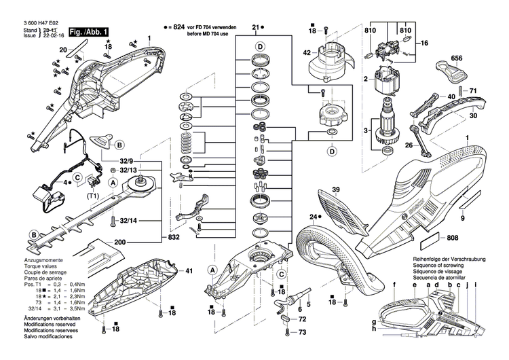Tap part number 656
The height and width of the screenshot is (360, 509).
(x=457, y=59)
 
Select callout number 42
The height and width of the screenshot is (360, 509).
(x=307, y=53)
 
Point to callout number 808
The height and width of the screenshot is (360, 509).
(x=453, y=238)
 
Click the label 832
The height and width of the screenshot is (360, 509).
(x=173, y=238)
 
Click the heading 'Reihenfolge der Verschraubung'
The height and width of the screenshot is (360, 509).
(x=447, y=261)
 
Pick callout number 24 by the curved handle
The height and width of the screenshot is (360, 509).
(x=314, y=217)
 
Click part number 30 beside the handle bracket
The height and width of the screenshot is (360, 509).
(x=474, y=116)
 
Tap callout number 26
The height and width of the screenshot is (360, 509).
(x=409, y=145)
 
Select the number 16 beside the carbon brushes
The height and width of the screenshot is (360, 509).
(x=425, y=43)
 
